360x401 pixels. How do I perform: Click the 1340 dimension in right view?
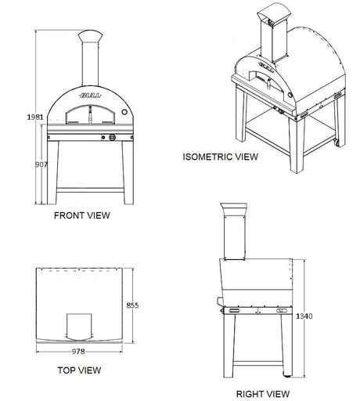point(304,316)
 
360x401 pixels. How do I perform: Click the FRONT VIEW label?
point(81,215)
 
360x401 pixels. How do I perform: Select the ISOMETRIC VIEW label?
point(220,157)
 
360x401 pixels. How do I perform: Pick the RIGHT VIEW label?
point(263,393)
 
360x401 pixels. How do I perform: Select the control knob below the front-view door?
point(111,138)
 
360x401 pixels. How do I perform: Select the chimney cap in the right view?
point(233,208)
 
